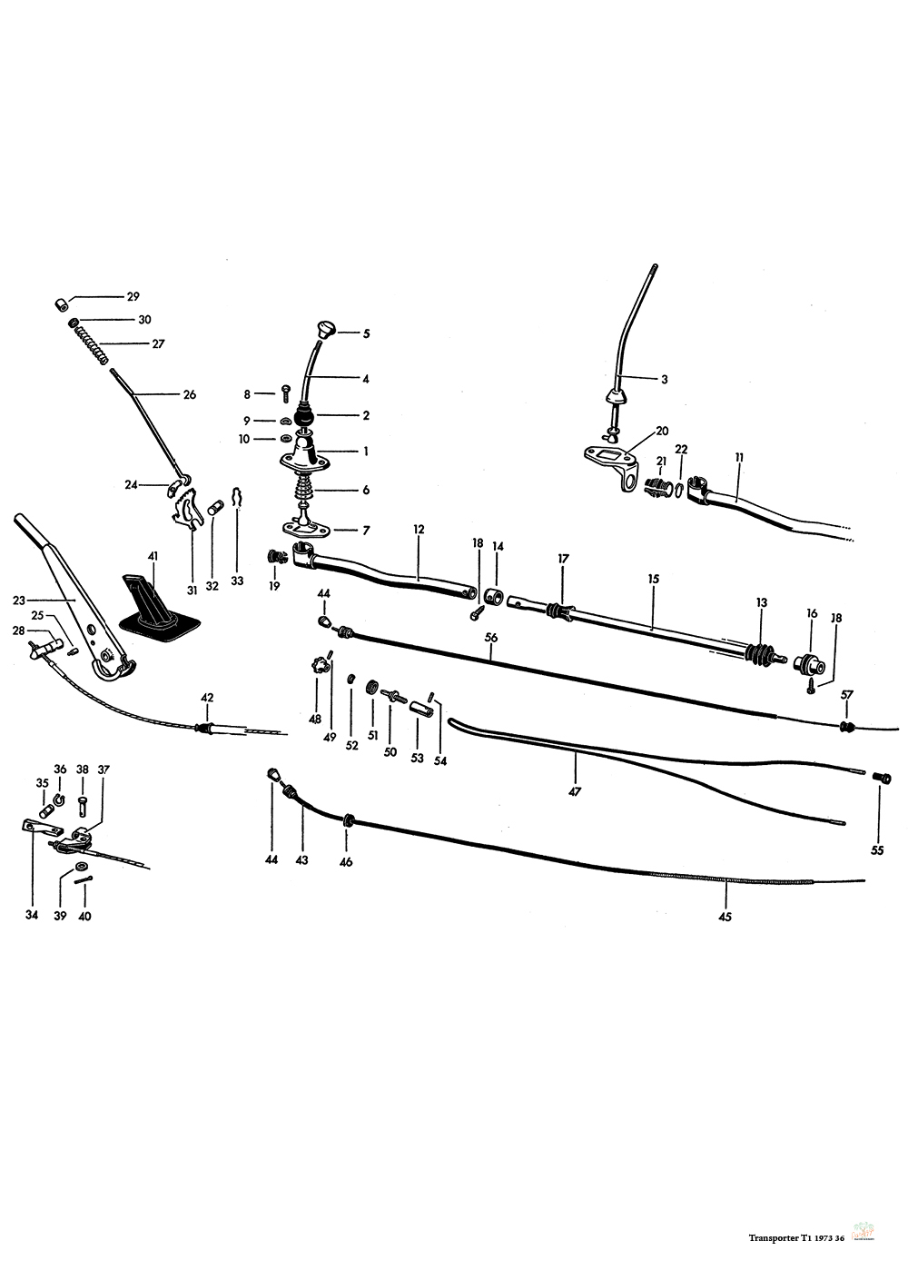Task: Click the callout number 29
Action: (133, 297)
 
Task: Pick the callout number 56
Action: (491, 638)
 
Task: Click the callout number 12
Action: (419, 530)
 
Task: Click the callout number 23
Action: (19, 601)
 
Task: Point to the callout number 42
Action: (207, 698)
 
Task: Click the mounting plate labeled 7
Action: (308, 529)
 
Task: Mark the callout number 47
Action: (575, 792)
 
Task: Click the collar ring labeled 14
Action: (493, 597)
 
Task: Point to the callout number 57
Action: (847, 695)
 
